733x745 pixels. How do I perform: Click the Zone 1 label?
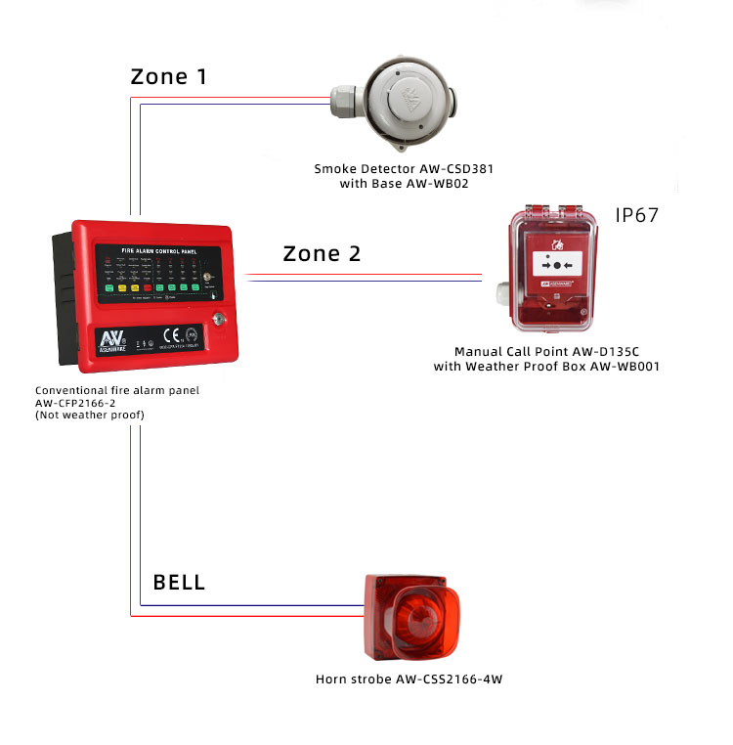(169, 77)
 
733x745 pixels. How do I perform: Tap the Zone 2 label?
(322, 254)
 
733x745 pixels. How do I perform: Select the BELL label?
(179, 583)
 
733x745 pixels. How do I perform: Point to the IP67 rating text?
(637, 215)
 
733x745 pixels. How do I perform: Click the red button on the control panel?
(148, 287)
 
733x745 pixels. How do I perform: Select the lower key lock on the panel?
(218, 318)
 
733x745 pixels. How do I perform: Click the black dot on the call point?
(556, 266)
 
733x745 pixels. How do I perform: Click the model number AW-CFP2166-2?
(75, 403)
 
